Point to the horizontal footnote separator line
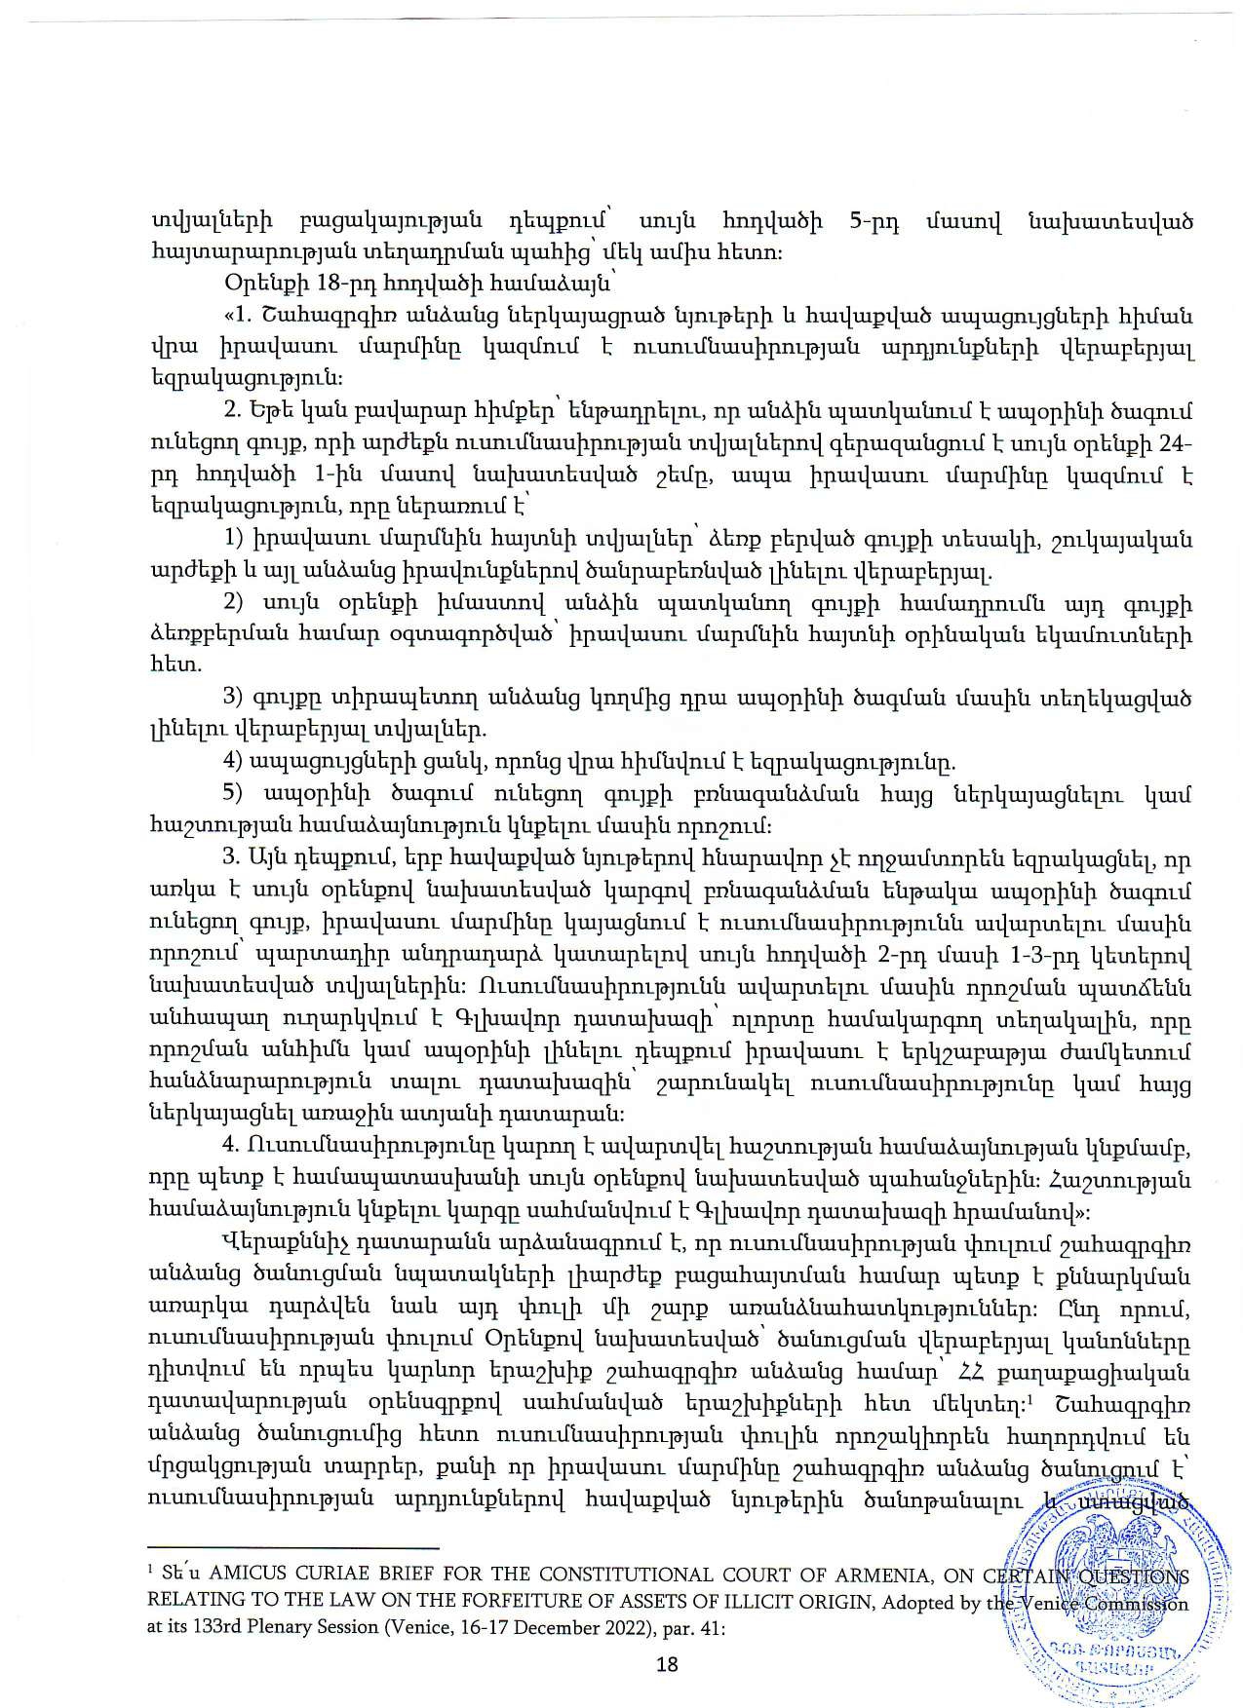(291, 1547)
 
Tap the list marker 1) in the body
(233, 540)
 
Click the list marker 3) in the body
(233, 698)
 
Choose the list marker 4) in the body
(233, 761)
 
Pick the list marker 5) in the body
(233, 793)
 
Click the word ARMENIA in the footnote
(881, 1576)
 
